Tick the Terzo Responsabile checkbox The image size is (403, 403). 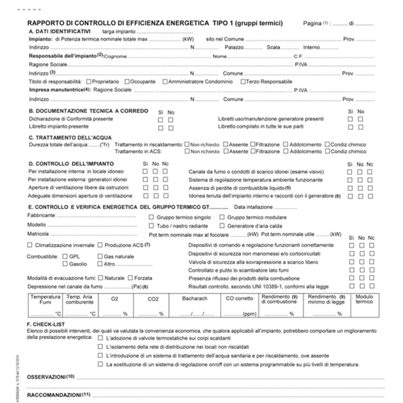coord(243,82)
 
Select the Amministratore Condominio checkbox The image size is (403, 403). coord(165,82)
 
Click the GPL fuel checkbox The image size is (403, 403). coord(65,256)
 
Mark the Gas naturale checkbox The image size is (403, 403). coord(100,256)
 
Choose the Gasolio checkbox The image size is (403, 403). coord(65,264)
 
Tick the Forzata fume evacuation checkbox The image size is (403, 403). coord(130,278)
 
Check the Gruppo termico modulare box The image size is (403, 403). coord(222,217)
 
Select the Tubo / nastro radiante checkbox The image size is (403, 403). coord(152,226)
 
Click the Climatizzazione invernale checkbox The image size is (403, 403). coord(30,245)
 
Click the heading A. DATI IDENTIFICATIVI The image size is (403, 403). coord(59,31)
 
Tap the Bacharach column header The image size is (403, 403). coord(195,299)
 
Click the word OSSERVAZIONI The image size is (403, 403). coord(46,377)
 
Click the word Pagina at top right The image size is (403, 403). coord(312,24)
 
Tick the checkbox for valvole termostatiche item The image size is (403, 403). coord(100,338)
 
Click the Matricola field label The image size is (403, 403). coord(38,234)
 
